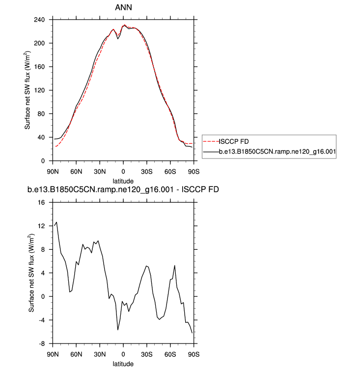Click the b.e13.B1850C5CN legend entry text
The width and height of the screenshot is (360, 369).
coord(277,152)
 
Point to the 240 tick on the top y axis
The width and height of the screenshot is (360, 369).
coord(39,20)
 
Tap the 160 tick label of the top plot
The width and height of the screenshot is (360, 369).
coord(39,67)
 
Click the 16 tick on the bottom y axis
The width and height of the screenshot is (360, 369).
coord(42,202)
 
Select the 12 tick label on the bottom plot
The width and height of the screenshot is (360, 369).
coord(42,226)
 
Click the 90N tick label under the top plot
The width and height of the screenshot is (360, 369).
coord(53,171)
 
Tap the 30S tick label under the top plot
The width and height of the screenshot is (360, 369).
coord(147,171)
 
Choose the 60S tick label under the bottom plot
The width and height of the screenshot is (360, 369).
coord(170,354)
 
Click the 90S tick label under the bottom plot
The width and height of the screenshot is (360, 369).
coord(194,354)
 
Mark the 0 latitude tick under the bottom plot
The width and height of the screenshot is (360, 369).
coord(123,354)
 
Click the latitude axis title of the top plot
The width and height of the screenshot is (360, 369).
coord(123,180)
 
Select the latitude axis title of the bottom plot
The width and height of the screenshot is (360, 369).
coord(123,364)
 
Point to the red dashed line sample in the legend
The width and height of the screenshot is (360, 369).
coord(210,141)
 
